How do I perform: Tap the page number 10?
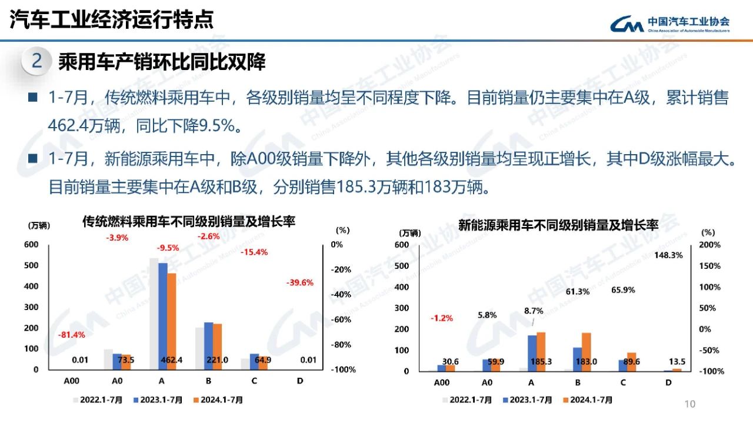pos(690,404)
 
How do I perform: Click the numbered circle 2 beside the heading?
pos(36,61)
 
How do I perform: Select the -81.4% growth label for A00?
pos(71,335)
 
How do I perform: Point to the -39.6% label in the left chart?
pos(300,282)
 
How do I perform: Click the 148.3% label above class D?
pos(668,255)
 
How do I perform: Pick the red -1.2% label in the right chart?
pos(441,318)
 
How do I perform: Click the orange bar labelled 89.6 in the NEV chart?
pos(631,361)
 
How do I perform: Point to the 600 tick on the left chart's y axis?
pos(31,244)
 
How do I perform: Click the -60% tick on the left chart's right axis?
pos(341,319)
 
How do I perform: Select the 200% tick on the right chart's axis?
pos(709,245)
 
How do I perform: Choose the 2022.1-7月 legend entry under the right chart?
pos(468,400)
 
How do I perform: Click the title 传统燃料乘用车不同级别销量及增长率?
pos(188,222)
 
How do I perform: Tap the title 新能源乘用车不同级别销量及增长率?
pos(558,224)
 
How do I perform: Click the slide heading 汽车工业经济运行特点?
pos(112,20)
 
